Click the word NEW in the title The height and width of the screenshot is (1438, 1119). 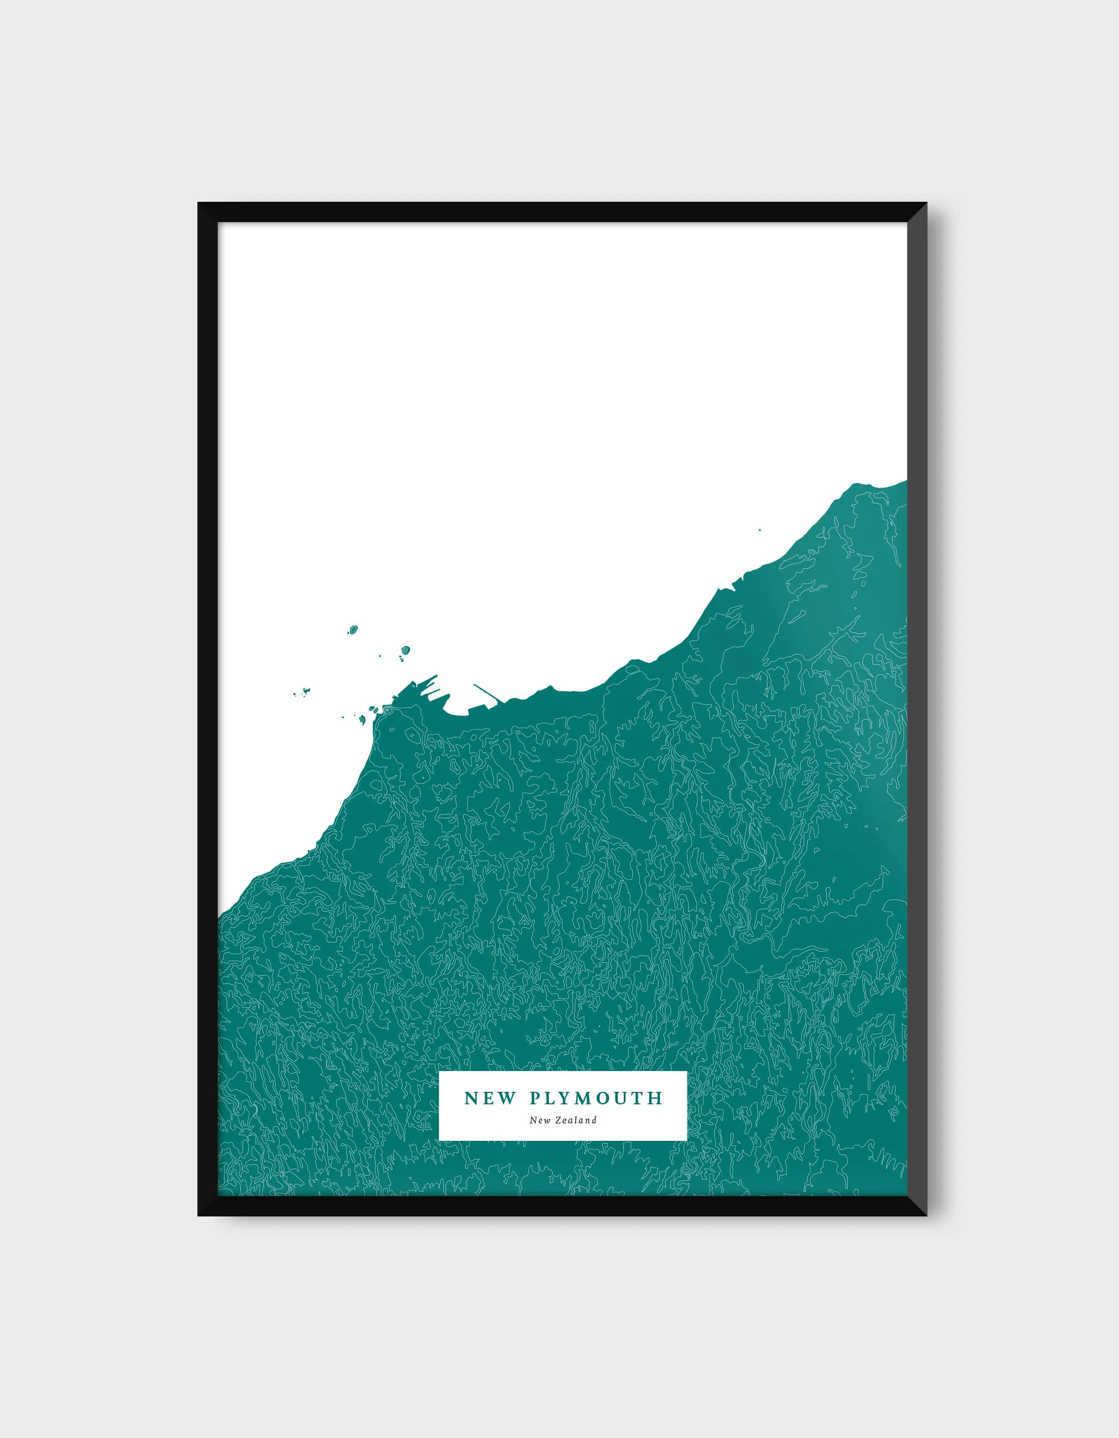(x=490, y=1098)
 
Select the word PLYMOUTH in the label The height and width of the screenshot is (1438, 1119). (x=596, y=1098)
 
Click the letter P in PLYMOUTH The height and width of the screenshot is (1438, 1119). (x=535, y=1098)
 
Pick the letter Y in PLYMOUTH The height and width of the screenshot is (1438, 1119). (x=568, y=1098)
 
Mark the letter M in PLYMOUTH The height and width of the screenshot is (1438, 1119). (x=585, y=1098)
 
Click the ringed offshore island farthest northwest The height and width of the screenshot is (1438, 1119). (x=353, y=630)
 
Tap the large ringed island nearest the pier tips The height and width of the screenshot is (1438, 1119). (x=405, y=650)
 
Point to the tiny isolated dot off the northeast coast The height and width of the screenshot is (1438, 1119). (x=759, y=530)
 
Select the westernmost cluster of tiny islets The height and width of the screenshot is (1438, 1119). (x=303, y=691)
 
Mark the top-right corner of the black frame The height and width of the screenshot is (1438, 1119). (x=926, y=203)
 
